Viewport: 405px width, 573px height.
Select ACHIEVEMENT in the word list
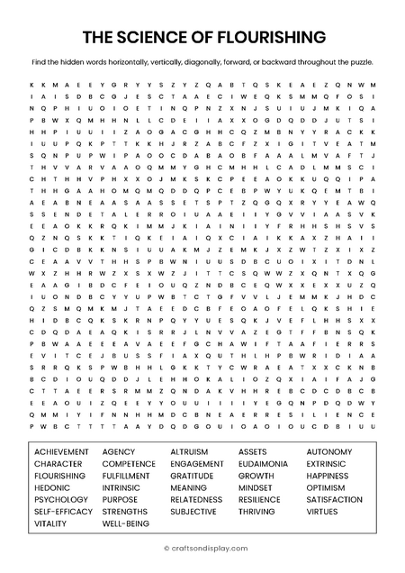coord(61,451)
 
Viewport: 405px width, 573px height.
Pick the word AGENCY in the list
coord(119,451)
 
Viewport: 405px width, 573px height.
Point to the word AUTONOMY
coord(329,451)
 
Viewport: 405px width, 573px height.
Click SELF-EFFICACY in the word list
coord(63,512)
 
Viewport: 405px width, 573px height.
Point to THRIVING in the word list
coord(256,512)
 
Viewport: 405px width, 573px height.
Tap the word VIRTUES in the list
coord(322,512)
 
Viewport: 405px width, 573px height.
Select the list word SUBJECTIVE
coord(193,512)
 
